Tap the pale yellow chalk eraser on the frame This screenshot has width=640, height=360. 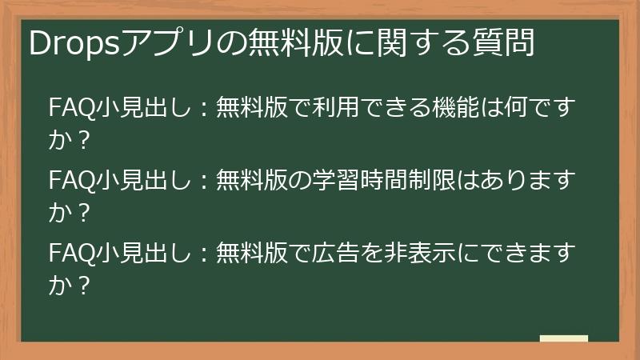[x=563, y=339]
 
